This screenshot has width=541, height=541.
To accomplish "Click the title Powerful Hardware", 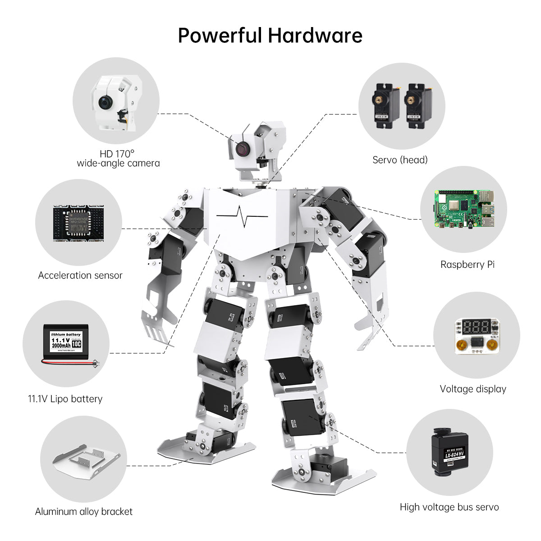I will coord(270,36).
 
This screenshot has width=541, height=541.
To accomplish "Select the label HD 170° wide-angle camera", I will coord(118,159).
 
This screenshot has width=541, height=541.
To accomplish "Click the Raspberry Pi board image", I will coord(463,209).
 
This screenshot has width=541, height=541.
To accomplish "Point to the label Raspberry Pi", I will coord(467,265).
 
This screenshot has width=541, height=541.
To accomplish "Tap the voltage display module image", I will coord(477,336).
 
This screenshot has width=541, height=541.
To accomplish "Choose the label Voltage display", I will coord(473,389).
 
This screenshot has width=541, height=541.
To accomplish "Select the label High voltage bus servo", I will coord(449,507).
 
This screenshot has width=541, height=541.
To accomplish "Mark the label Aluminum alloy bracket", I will coord(84,512).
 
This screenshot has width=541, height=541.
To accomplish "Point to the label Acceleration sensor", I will coord(80,275).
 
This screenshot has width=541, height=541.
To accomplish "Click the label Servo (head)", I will coord(400,160).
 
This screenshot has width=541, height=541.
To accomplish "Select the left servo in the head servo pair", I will coord(386,106).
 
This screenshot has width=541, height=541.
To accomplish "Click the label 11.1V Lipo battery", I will coord(65,399).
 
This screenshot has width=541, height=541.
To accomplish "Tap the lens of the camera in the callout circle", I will coord(105,103).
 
